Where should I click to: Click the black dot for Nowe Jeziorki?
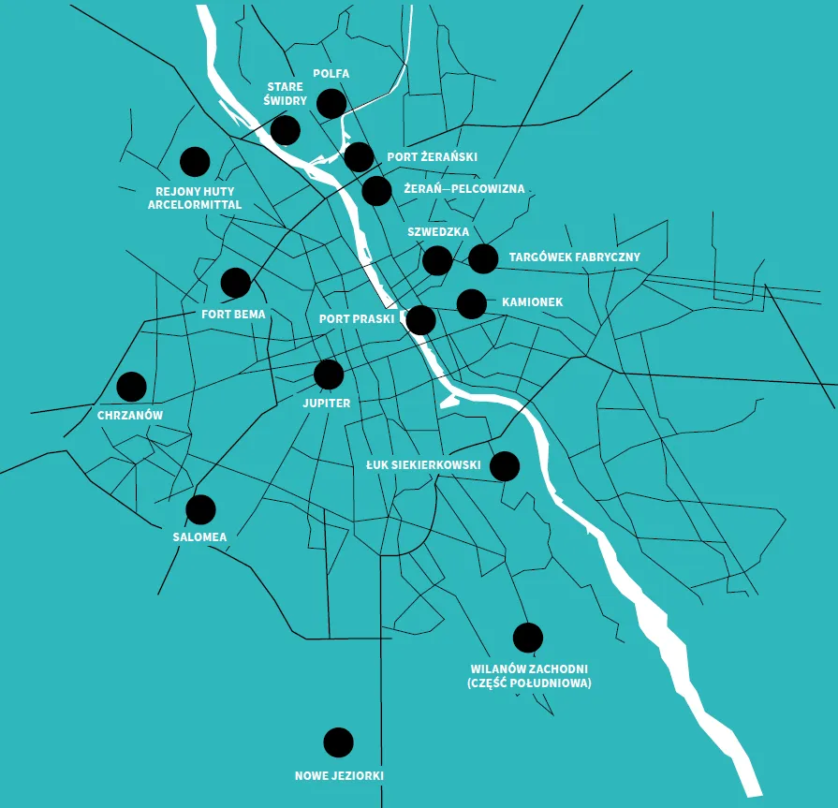(x=338, y=742)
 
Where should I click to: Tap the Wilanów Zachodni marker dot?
(x=528, y=638)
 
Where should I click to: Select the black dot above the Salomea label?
(x=200, y=509)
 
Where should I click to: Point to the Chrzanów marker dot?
(x=132, y=386)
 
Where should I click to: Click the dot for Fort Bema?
(x=236, y=282)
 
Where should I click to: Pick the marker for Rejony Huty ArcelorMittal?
(x=195, y=162)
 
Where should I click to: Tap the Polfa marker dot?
(x=331, y=103)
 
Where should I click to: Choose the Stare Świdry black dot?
(x=285, y=130)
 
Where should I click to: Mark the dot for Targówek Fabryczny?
(x=483, y=258)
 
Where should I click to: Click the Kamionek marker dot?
(x=471, y=303)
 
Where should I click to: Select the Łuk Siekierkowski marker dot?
(x=505, y=465)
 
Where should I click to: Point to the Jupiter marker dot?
(x=329, y=375)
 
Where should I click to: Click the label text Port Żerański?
(x=432, y=157)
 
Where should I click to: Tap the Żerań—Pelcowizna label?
(x=463, y=189)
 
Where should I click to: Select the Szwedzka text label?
(x=438, y=231)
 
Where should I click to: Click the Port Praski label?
(x=357, y=318)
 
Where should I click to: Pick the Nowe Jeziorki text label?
(x=339, y=776)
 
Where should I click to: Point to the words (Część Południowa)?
(x=529, y=683)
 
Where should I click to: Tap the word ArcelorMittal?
(x=195, y=204)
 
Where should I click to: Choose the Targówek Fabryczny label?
(x=574, y=257)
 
